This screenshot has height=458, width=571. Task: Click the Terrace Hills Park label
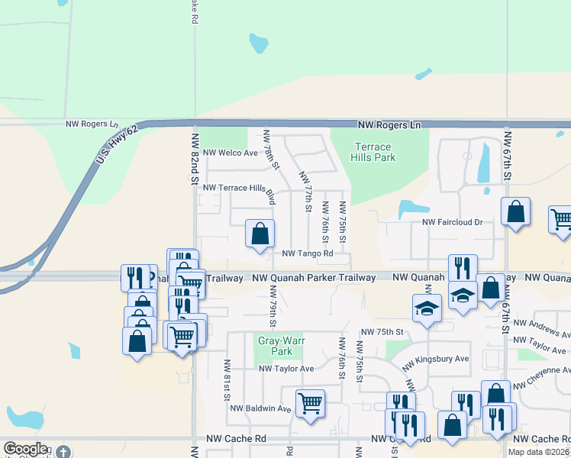(373, 152)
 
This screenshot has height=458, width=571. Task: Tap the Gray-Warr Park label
(276, 347)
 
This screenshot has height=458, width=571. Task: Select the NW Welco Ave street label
(230, 153)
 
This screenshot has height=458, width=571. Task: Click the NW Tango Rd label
(308, 253)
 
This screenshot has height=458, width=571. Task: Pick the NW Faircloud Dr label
(453, 223)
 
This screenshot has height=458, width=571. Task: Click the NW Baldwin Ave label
(262, 408)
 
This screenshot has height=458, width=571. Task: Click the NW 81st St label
(227, 380)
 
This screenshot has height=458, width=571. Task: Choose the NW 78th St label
(271, 150)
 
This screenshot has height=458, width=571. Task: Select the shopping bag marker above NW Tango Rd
(260, 232)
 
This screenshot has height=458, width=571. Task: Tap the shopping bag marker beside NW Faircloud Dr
(516, 211)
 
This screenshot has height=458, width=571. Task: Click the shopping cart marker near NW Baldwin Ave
(310, 402)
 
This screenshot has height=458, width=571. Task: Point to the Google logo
(25, 449)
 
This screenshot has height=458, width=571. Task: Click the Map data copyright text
(539, 452)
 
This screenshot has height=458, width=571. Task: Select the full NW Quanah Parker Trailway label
(314, 278)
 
